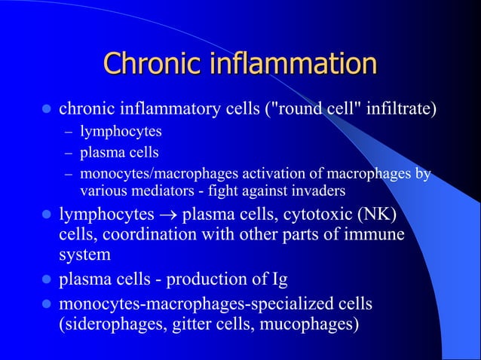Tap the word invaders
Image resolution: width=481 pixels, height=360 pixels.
tap(319, 190)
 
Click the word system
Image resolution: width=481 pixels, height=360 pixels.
tap(84, 255)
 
